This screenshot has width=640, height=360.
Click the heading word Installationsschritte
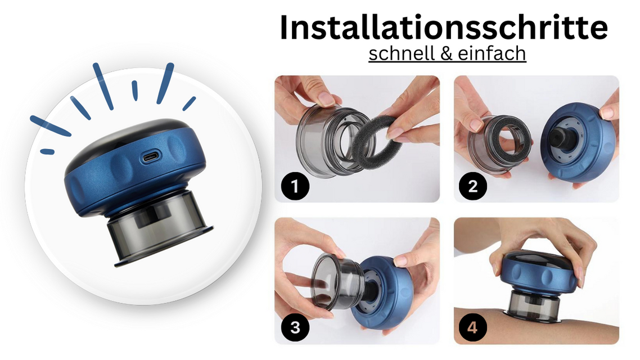(444, 28)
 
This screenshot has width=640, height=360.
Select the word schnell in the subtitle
(402, 53)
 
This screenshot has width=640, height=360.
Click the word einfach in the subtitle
(492, 53)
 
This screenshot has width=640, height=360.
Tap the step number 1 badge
(295, 186)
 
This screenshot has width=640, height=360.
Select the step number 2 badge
(472, 186)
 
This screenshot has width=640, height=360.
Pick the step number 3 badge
(295, 327)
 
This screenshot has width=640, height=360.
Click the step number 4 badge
(472, 327)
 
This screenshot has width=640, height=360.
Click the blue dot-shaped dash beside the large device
(47, 151)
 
